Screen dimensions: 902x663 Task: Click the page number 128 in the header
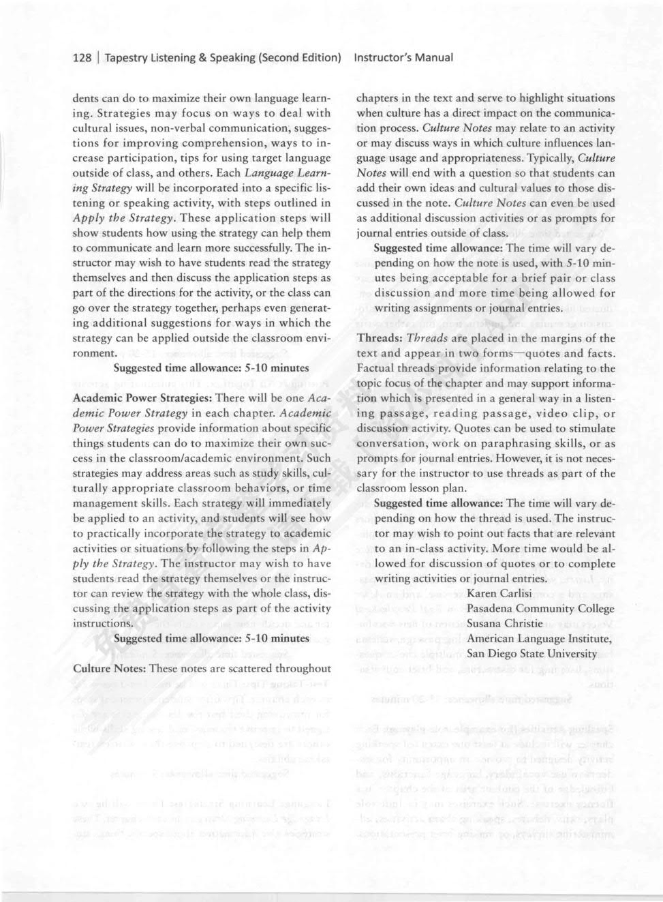click(x=82, y=57)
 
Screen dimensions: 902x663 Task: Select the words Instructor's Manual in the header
click(x=403, y=57)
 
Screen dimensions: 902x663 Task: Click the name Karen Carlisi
click(x=499, y=593)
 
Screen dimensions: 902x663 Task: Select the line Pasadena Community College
click(x=540, y=608)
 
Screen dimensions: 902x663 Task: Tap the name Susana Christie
click(x=504, y=623)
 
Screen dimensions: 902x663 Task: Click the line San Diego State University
click(x=531, y=653)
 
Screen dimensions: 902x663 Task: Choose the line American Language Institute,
click(x=539, y=638)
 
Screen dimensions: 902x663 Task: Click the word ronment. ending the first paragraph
click(x=95, y=353)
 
